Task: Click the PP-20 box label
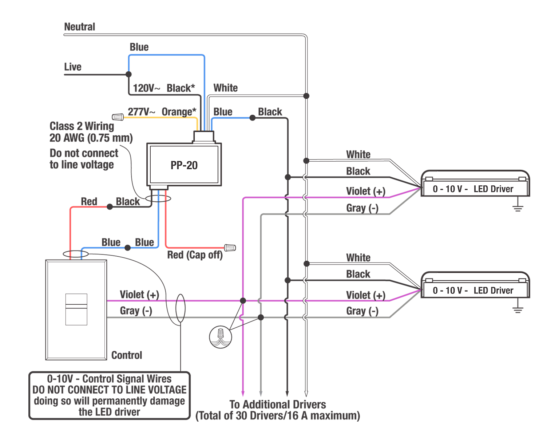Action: pos(184,165)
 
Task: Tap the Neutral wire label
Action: pos(79,27)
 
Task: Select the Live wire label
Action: pos(72,67)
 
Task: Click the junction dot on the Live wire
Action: pos(128,74)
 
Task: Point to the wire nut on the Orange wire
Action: pos(117,117)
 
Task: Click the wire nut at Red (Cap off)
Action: pos(230,248)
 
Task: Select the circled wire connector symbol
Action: pos(221,337)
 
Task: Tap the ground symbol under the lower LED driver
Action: pos(518,309)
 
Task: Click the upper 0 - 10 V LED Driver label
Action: pos(473,189)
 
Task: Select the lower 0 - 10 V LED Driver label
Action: pos(473,291)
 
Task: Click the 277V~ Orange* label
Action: pos(162,112)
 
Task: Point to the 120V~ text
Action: pos(146,88)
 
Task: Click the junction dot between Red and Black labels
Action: pos(110,207)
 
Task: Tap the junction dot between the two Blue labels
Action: pos(127,248)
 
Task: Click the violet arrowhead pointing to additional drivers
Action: pos(243,393)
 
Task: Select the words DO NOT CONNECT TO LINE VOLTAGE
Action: pos(109,390)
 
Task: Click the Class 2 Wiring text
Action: pos(82,126)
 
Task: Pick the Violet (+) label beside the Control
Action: pos(139,295)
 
